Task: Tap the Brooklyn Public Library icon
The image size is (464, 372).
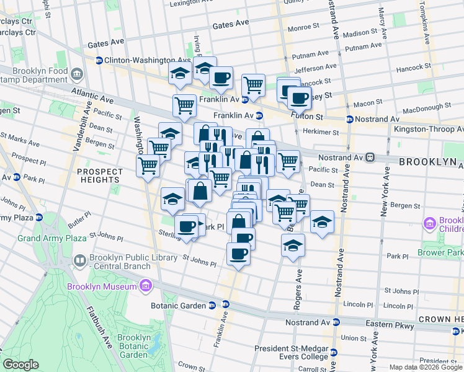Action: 79,260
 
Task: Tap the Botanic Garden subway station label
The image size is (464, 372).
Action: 179,305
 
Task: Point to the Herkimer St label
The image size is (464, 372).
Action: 321,132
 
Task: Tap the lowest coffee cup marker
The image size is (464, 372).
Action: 238,253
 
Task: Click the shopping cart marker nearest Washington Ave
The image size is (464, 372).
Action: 148,166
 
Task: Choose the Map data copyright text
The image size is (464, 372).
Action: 425,367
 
